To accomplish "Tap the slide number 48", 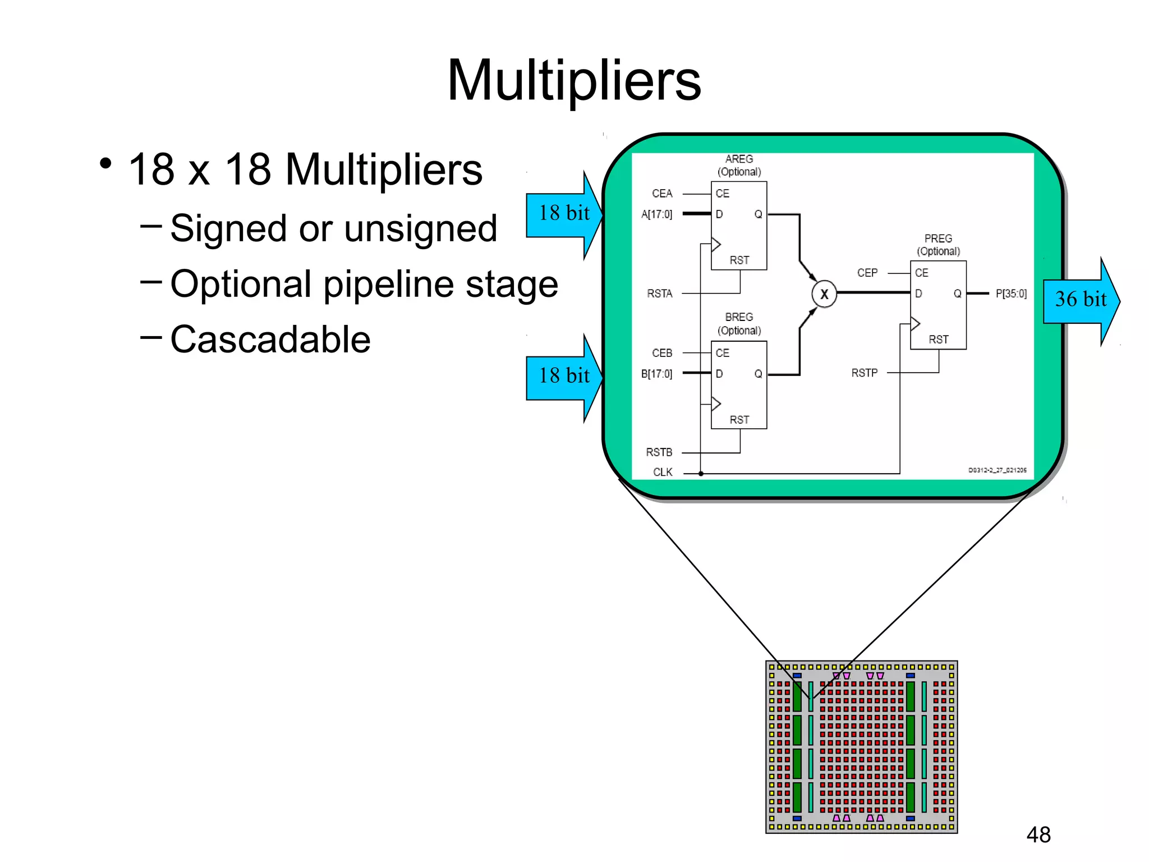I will (1038, 835).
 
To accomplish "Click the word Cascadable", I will (270, 340).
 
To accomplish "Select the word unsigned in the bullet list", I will (420, 228).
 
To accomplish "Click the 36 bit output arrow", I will (1081, 300).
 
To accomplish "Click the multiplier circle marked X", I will (824, 294).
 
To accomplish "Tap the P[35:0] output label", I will (1010, 294).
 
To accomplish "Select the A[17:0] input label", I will (656, 214).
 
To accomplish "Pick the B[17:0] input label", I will (656, 374).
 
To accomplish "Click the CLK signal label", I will (662, 472).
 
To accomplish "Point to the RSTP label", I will (864, 373).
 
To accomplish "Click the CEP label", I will (867, 273).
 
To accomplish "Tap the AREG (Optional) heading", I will (739, 166).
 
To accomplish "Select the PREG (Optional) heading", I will (938, 245).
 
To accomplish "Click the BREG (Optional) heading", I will (739, 324).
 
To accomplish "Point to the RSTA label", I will (659, 294).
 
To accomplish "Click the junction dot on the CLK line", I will (701, 474).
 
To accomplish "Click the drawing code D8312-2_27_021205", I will (997, 470).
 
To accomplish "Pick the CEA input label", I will (661, 194).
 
